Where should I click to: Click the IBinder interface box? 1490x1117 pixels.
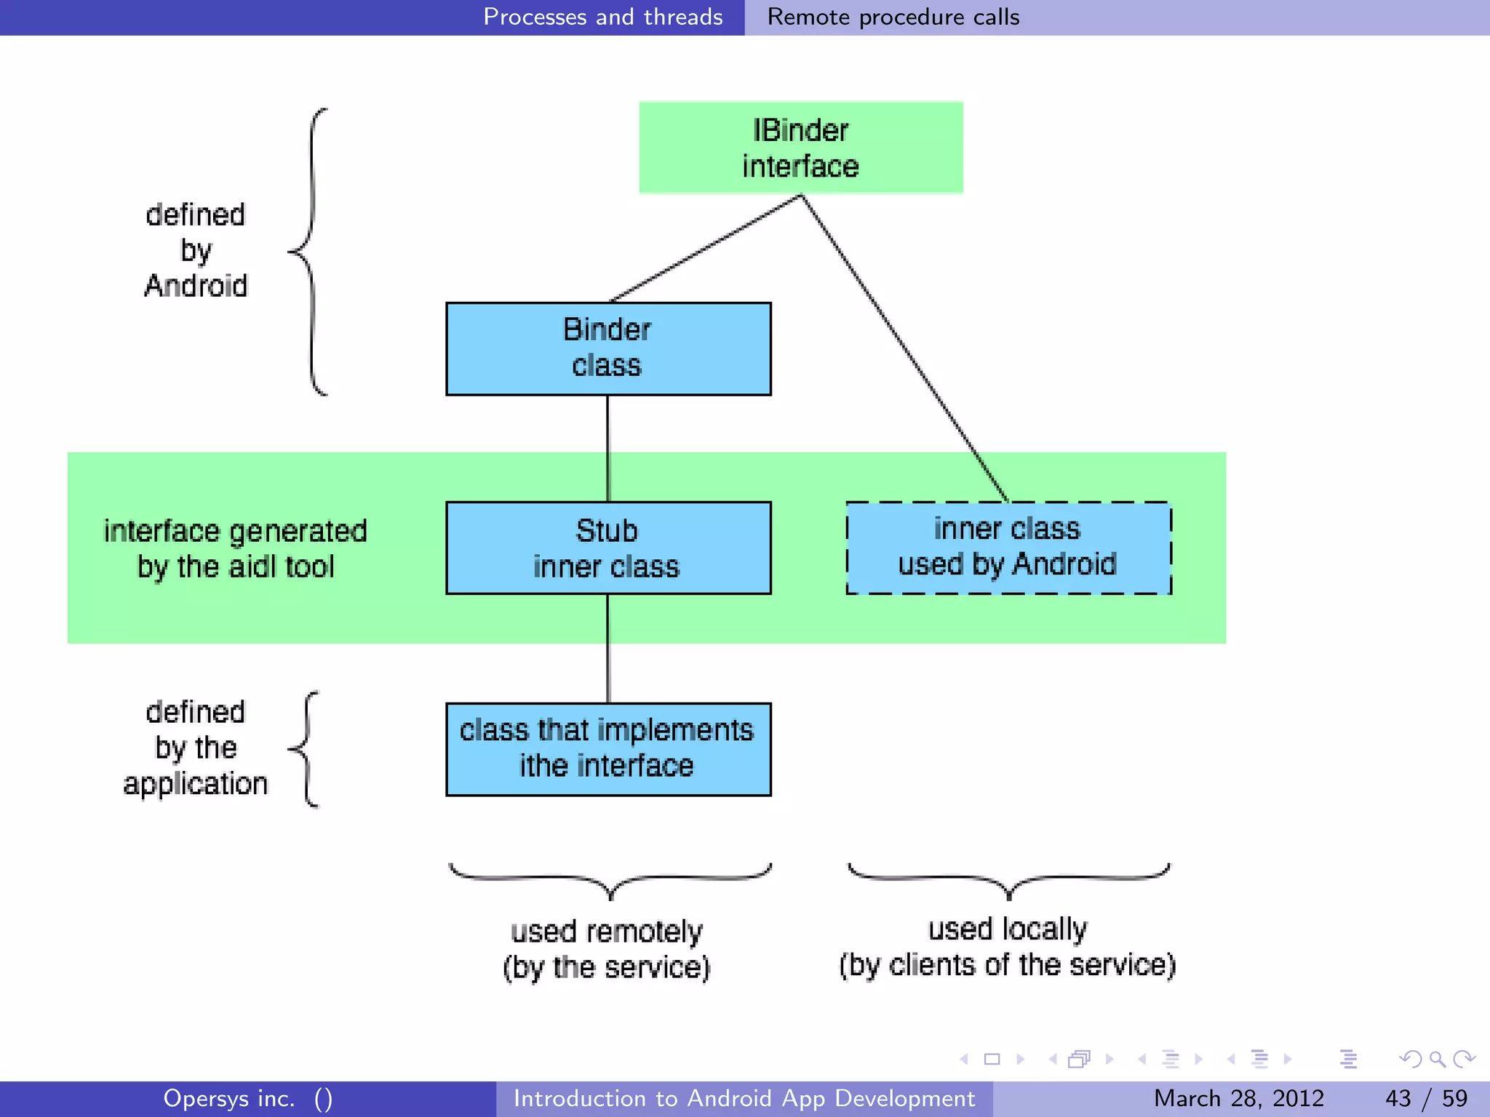pyautogui.click(x=800, y=148)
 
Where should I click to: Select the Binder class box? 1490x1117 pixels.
pyautogui.click(x=608, y=348)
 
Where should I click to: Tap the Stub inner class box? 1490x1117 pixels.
pyautogui.click(x=608, y=548)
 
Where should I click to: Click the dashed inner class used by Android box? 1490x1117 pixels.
pyautogui.click(x=1008, y=548)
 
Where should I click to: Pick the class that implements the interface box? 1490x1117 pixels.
pyautogui.click(x=608, y=749)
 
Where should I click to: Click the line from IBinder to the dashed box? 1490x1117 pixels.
pyautogui.click(x=905, y=349)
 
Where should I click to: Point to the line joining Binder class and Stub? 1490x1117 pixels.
pyautogui.click(x=607, y=447)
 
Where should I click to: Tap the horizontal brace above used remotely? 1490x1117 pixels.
pyautogui.click(x=610, y=878)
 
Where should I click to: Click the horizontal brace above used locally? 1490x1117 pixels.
pyautogui.click(x=1008, y=878)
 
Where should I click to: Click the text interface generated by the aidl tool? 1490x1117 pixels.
pyautogui.click(x=235, y=549)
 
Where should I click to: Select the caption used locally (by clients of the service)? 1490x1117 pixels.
pyautogui.click(x=1008, y=947)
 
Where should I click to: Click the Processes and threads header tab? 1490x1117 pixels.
pyautogui.click(x=602, y=17)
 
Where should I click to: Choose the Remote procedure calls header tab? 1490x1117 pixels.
pyautogui.click(x=893, y=17)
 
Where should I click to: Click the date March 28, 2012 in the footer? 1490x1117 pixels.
pyautogui.click(x=1238, y=1098)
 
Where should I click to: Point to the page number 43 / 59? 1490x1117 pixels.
pyautogui.click(x=1426, y=1098)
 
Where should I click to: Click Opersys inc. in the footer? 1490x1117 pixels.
pyautogui.click(x=229, y=1098)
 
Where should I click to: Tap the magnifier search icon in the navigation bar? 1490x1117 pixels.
pyautogui.click(x=1436, y=1059)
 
